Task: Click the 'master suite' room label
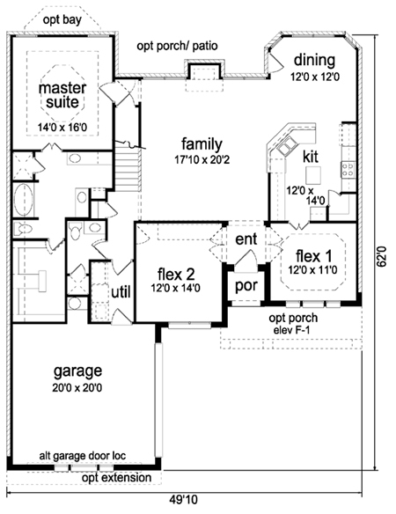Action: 62,95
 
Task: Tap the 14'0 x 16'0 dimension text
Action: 62,128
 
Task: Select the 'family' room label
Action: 202,144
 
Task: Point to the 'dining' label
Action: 314,61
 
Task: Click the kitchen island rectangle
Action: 313,175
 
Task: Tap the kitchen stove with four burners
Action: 348,170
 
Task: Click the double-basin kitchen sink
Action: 288,146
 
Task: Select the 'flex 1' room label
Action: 313,256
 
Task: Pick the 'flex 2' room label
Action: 176,274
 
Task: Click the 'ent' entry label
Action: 246,239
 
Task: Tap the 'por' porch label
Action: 246,286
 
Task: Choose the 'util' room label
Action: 121,291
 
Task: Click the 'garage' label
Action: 77,371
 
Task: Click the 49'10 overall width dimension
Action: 184,500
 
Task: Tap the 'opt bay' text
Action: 62,20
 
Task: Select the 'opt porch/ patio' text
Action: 177,46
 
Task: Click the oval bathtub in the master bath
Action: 23,200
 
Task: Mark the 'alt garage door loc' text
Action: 83,456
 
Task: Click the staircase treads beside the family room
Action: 127,169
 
